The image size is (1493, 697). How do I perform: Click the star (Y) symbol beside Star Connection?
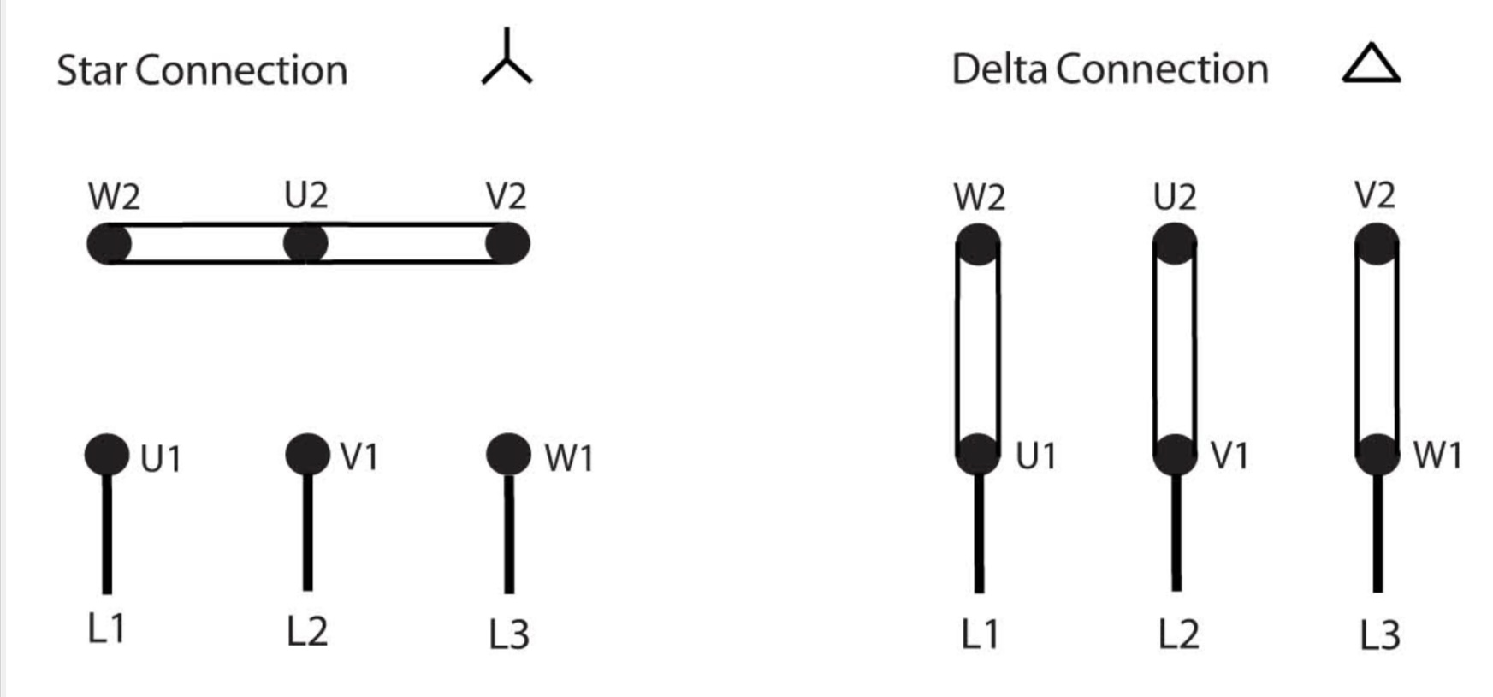point(507,60)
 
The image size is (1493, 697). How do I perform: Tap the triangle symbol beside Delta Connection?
point(1371,64)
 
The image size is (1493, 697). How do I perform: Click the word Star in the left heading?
point(92,70)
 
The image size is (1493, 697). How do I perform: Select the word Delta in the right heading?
point(999,69)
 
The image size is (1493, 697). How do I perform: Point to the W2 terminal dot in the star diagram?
point(110,244)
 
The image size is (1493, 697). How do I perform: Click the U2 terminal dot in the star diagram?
point(305,244)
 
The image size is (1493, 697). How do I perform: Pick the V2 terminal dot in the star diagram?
point(507,244)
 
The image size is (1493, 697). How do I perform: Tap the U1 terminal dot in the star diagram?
point(107,454)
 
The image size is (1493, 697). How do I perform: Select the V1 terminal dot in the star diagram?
point(307,454)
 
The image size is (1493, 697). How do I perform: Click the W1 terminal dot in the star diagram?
point(508,454)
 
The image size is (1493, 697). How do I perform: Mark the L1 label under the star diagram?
point(107,629)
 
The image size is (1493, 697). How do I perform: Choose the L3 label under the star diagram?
point(509,634)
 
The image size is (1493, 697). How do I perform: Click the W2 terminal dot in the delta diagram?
point(978,244)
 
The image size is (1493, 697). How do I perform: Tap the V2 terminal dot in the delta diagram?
point(1377,244)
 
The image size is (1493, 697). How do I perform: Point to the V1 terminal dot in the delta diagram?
point(1176,454)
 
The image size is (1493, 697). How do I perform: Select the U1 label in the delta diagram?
point(1036,456)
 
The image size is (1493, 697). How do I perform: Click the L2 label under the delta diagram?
point(1178,634)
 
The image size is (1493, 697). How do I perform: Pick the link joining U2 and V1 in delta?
point(1176,349)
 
